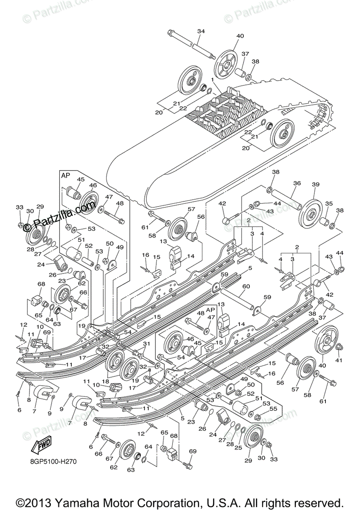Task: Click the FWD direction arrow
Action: coord(41,446)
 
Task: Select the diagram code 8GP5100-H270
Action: coord(54,461)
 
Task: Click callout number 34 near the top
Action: coord(201,31)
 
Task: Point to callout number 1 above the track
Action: coord(212,80)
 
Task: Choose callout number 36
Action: coord(297,183)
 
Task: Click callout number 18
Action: coord(105,381)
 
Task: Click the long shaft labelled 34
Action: coord(192,44)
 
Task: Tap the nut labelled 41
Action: coord(338,348)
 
